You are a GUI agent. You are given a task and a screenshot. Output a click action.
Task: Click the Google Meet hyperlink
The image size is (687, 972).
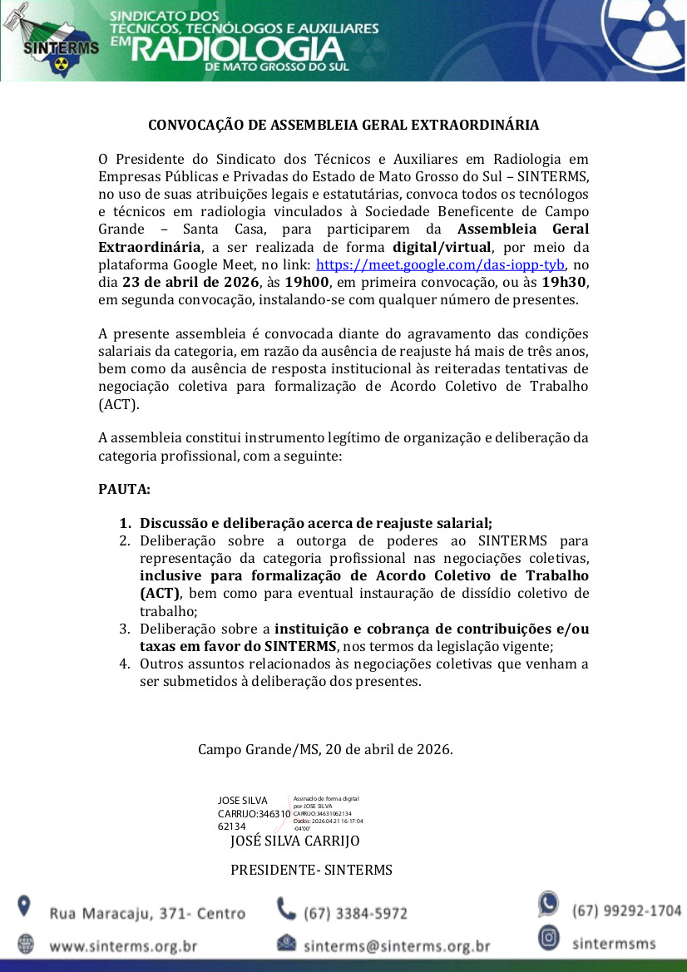tap(441, 265)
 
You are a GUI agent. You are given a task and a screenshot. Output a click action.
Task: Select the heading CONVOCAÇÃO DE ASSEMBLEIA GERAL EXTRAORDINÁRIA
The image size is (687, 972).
tap(343, 126)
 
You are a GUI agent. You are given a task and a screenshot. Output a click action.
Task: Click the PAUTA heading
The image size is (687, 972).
tap(124, 489)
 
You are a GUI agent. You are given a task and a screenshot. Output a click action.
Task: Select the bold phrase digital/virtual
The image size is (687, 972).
tap(442, 247)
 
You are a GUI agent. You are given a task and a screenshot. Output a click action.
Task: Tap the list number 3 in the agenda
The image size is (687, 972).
tap(124, 629)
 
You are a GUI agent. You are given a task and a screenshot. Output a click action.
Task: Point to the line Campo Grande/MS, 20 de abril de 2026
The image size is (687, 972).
tap(325, 749)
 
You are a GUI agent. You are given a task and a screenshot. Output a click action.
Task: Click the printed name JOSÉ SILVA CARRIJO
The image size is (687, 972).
tap(294, 841)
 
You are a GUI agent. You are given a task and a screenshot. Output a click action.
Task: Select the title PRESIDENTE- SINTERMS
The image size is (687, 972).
tap(311, 870)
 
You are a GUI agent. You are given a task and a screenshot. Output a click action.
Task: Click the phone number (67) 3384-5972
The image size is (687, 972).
tap(355, 913)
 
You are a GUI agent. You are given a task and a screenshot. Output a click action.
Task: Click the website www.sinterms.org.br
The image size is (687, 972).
tap(123, 945)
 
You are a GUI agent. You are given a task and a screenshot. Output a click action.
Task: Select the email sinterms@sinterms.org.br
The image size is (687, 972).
tap(397, 945)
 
